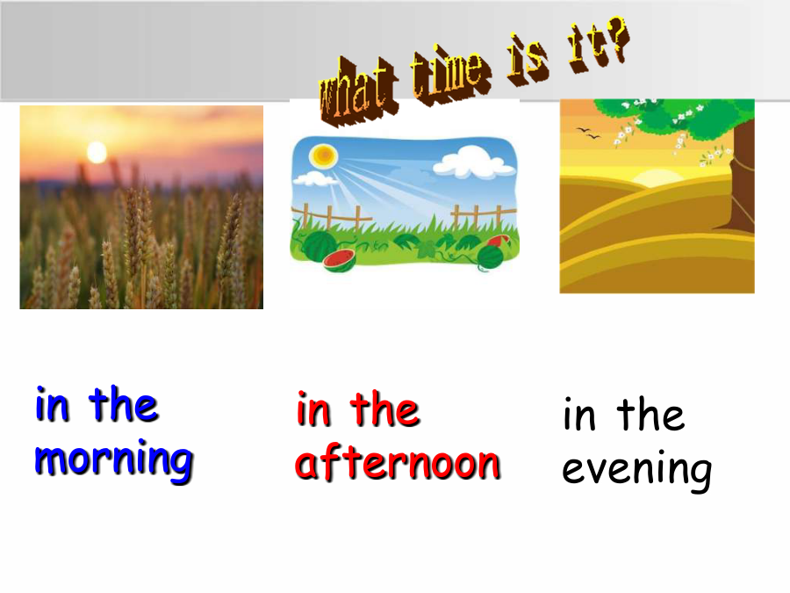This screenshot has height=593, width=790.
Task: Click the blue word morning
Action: coord(114,459)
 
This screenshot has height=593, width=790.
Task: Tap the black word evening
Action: coord(637,470)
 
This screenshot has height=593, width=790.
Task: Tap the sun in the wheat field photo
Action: coord(97,152)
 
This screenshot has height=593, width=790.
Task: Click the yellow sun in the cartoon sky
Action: coord(323,155)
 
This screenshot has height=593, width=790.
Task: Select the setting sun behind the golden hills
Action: coord(657,178)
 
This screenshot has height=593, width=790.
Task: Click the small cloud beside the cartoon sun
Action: coord(316,178)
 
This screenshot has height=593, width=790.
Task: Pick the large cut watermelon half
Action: coord(339,260)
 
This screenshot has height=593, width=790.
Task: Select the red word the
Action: coord(384,408)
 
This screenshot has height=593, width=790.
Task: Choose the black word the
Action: coord(651,414)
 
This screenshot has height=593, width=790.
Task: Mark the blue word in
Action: coord(52,404)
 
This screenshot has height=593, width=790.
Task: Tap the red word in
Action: coord(313,409)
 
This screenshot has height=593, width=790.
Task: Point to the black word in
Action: coord(579,414)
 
